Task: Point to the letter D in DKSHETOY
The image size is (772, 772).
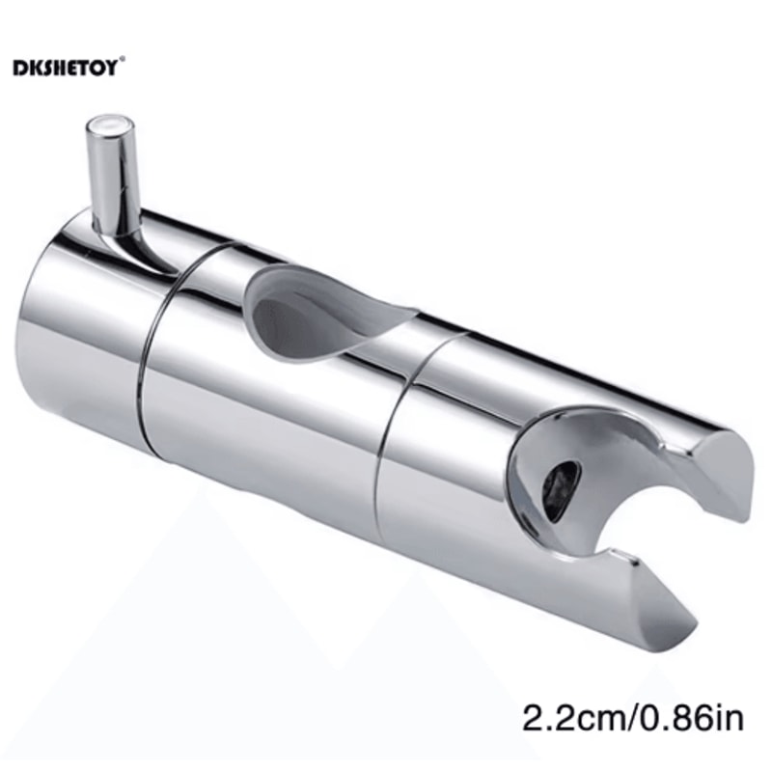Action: (x=19, y=68)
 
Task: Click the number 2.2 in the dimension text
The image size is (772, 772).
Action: (x=543, y=718)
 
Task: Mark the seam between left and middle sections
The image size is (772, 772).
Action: (x=145, y=347)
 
